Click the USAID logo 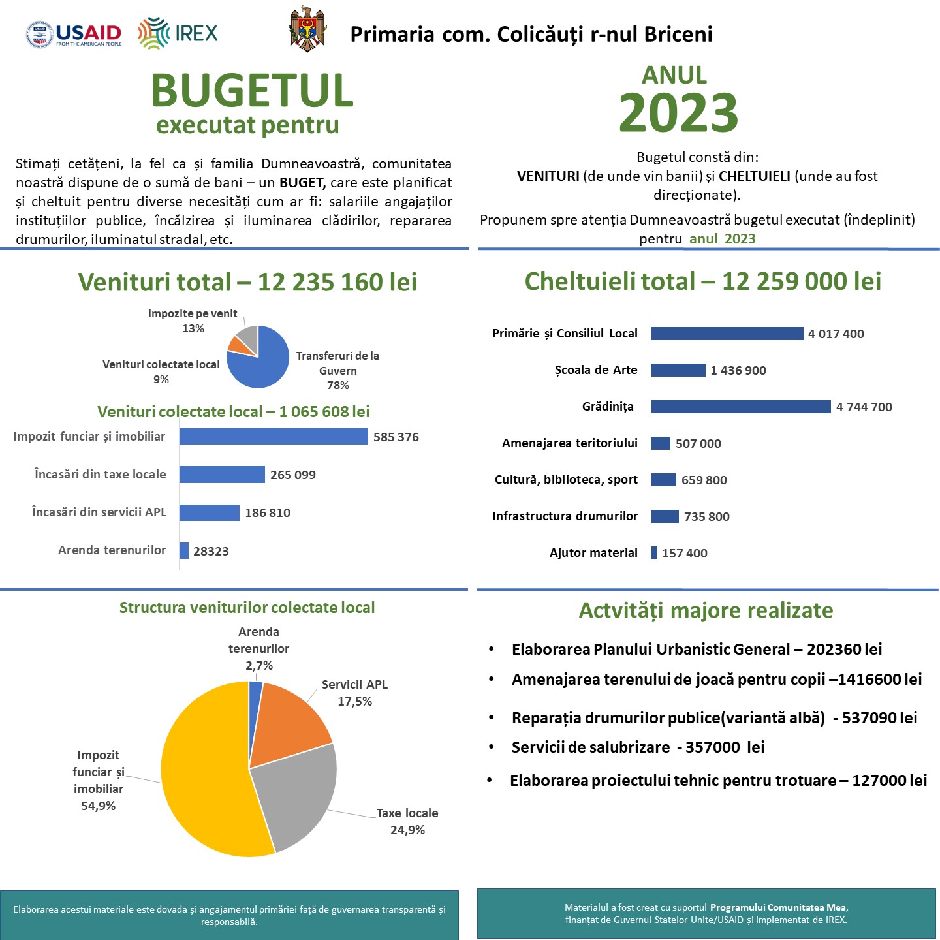(x=74, y=34)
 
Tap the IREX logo (x=178, y=33)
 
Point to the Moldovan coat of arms (x=307, y=29)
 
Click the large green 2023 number (x=678, y=112)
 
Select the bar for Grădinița (x=741, y=407)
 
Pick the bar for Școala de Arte (x=678, y=370)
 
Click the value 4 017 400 (x=836, y=334)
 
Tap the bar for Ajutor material (x=654, y=553)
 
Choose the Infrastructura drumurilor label (x=565, y=516)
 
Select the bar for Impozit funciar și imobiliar (x=274, y=437)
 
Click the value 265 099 (x=292, y=475)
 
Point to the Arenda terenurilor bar (x=184, y=551)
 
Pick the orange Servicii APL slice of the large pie (x=287, y=721)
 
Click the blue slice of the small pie (x=261, y=366)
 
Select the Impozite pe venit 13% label (x=193, y=321)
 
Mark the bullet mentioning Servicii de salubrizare (x=637, y=747)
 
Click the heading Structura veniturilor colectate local (x=247, y=608)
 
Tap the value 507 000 (x=698, y=444)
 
